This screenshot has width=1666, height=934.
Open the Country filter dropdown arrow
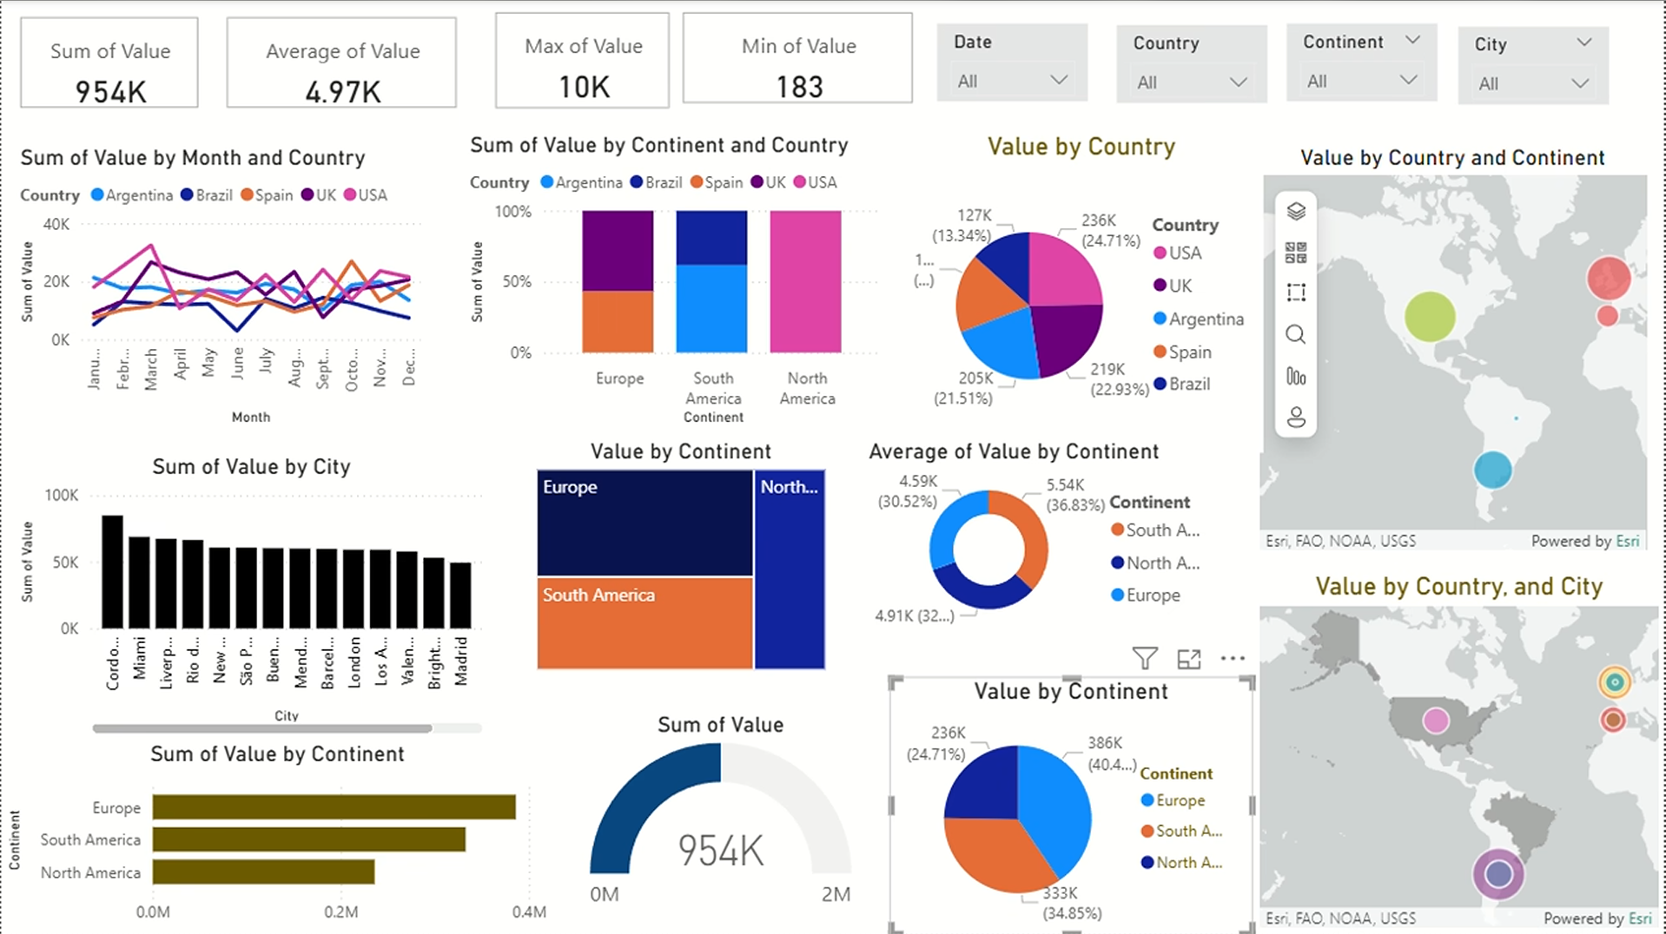pyautogui.click(x=1238, y=82)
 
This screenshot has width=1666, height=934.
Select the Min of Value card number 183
pyautogui.click(x=799, y=87)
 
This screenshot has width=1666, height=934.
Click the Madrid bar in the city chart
pyautogui.click(x=460, y=595)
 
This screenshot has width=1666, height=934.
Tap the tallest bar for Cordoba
pyautogui.click(x=112, y=571)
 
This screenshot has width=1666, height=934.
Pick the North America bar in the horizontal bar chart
pyautogui.click(x=263, y=872)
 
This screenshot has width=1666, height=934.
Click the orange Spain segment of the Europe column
pyautogui.click(x=618, y=321)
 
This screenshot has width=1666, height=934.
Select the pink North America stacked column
pyautogui.click(x=805, y=281)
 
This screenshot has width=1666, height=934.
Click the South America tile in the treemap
pyautogui.click(x=645, y=622)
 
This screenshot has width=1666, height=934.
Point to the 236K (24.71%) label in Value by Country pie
pyautogui.click(x=1109, y=230)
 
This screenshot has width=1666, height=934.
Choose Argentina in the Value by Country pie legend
pyautogui.click(x=1205, y=319)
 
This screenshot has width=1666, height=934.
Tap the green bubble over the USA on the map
pyautogui.click(x=1430, y=317)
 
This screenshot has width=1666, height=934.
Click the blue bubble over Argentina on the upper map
pyautogui.click(x=1492, y=470)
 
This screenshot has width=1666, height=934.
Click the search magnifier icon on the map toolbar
pyautogui.click(x=1295, y=334)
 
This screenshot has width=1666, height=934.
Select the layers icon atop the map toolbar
pyautogui.click(x=1295, y=211)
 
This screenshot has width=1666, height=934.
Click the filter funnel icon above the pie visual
pyautogui.click(x=1145, y=659)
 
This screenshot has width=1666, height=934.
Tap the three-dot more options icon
pyautogui.click(x=1233, y=659)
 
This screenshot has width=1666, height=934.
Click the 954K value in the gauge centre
pyautogui.click(x=720, y=851)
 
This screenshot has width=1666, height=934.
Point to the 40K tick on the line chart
pyautogui.click(x=56, y=225)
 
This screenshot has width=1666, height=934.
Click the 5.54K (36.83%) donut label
pyautogui.click(x=1075, y=495)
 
